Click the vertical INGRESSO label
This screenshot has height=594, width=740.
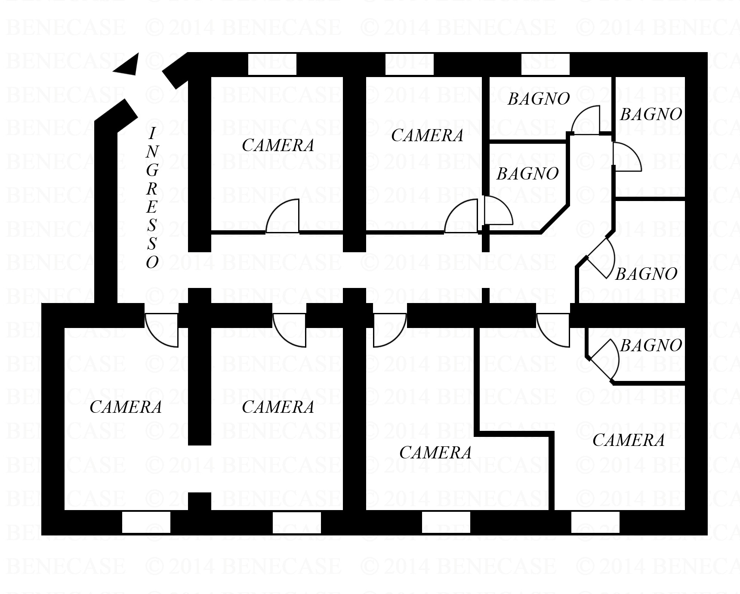pyautogui.click(x=152, y=198)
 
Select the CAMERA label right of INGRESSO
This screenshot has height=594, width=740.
pyautogui.click(x=278, y=145)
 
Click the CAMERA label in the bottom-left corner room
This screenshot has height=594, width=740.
pyautogui.click(x=126, y=407)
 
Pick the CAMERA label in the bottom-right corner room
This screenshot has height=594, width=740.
pyautogui.click(x=629, y=440)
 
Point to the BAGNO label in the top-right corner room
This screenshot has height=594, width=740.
pyautogui.click(x=651, y=114)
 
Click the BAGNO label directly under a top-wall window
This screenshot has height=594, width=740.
pyautogui.click(x=539, y=99)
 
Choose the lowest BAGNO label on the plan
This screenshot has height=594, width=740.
pyautogui.click(x=651, y=345)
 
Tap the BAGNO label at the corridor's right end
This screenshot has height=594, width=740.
pyautogui.click(x=646, y=274)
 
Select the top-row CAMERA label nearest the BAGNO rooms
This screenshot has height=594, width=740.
pyautogui.click(x=427, y=136)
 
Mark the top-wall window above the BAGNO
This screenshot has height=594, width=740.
pyautogui.click(x=545, y=64)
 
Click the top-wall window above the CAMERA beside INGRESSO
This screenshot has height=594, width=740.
pyautogui.click(x=272, y=64)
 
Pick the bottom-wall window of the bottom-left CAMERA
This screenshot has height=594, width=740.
pyautogui.click(x=146, y=522)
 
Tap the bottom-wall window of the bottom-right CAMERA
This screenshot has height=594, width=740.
pyautogui.click(x=595, y=522)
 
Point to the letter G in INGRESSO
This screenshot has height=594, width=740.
pyautogui.click(x=152, y=170)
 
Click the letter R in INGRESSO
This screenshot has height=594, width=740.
pyautogui.click(x=151, y=189)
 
